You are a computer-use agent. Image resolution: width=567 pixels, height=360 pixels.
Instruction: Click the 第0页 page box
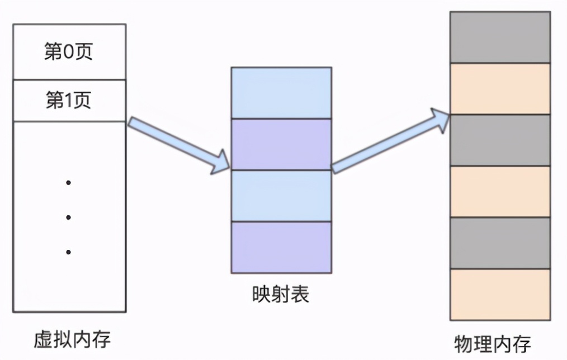point(69,51)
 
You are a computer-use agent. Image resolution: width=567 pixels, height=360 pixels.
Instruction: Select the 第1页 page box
point(69,101)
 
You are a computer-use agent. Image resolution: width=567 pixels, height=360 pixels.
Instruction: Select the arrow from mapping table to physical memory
point(391,142)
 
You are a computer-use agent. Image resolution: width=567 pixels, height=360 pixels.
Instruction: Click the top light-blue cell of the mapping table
point(281,93)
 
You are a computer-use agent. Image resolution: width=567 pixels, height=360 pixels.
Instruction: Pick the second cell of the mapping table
point(281,144)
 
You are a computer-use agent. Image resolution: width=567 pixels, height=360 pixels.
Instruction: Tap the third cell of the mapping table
point(281,196)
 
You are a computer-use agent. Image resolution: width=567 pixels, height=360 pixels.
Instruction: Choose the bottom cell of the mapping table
point(281,247)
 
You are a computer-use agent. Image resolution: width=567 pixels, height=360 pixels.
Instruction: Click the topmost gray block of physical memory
point(500,37)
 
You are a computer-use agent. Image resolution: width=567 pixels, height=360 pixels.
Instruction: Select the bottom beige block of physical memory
point(500,294)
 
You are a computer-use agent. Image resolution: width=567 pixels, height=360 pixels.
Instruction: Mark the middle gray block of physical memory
point(500,140)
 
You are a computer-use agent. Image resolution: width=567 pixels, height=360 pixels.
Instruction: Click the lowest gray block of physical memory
point(500,243)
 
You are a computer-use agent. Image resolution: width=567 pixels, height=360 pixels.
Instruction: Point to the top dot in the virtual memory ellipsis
point(68,183)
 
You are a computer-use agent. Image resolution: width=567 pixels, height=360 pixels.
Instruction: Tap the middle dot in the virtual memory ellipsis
point(68,217)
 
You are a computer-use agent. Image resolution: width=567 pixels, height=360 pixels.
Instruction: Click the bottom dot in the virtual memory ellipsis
point(68,252)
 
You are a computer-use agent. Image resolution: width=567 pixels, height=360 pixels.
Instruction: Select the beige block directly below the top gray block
point(500,88)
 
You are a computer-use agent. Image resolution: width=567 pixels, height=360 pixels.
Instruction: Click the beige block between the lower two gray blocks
point(500,191)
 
